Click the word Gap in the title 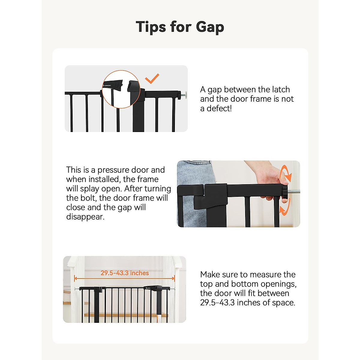210,27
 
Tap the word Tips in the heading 151,27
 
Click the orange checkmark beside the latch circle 152,79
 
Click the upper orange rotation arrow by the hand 286,174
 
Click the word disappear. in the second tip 85,217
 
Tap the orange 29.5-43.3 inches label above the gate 124,273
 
